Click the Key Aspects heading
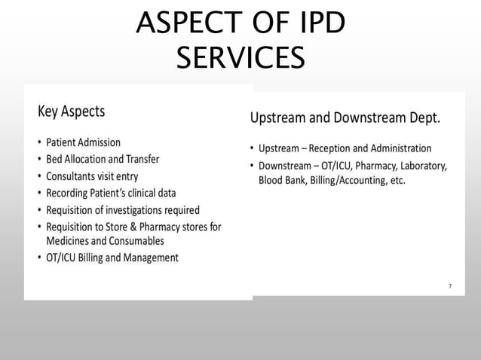tap(72, 111)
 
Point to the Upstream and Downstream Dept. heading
tap(345, 118)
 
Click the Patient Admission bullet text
tap(83, 142)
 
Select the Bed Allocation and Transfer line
tap(103, 159)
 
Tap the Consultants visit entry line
tap(92, 176)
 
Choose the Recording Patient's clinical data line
tap(111, 193)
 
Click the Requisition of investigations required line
tap(123, 210)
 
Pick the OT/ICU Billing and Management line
tap(112, 258)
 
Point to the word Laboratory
tap(422, 166)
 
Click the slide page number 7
tap(450, 286)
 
